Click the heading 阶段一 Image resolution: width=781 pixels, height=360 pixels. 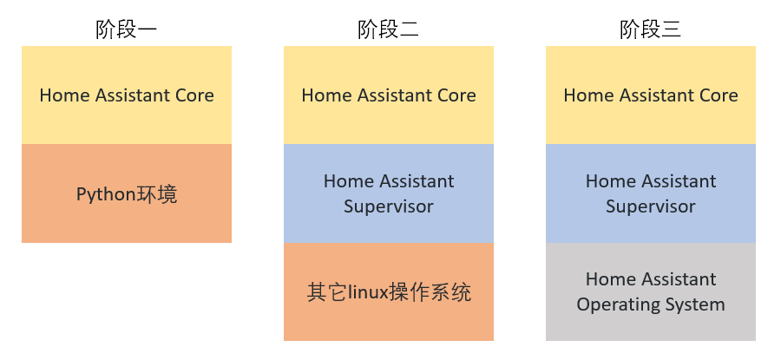tap(127, 29)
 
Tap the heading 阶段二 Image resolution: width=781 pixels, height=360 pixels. tap(389, 29)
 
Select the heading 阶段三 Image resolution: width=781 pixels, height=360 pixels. tap(651, 29)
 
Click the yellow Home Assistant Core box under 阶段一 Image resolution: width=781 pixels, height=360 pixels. tap(127, 95)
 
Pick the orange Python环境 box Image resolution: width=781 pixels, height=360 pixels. tap(127, 193)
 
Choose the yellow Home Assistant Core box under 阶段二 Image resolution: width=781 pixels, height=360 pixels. tap(389, 95)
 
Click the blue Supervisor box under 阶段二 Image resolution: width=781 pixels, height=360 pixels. tap(389, 193)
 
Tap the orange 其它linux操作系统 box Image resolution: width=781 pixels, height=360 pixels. tap(389, 291)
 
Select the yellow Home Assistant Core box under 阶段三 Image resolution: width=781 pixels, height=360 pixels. tap(651, 95)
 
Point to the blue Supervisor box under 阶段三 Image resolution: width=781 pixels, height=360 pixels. tap(651, 193)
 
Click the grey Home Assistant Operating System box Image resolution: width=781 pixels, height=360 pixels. tap(651, 291)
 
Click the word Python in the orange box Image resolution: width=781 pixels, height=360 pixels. tap(106, 194)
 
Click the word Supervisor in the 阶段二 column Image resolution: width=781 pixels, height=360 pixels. tap(389, 207)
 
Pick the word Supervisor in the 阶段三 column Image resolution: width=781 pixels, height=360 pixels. tap(651, 207)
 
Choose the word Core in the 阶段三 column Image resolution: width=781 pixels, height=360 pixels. tap(719, 95)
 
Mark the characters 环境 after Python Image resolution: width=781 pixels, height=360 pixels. tap(156, 194)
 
